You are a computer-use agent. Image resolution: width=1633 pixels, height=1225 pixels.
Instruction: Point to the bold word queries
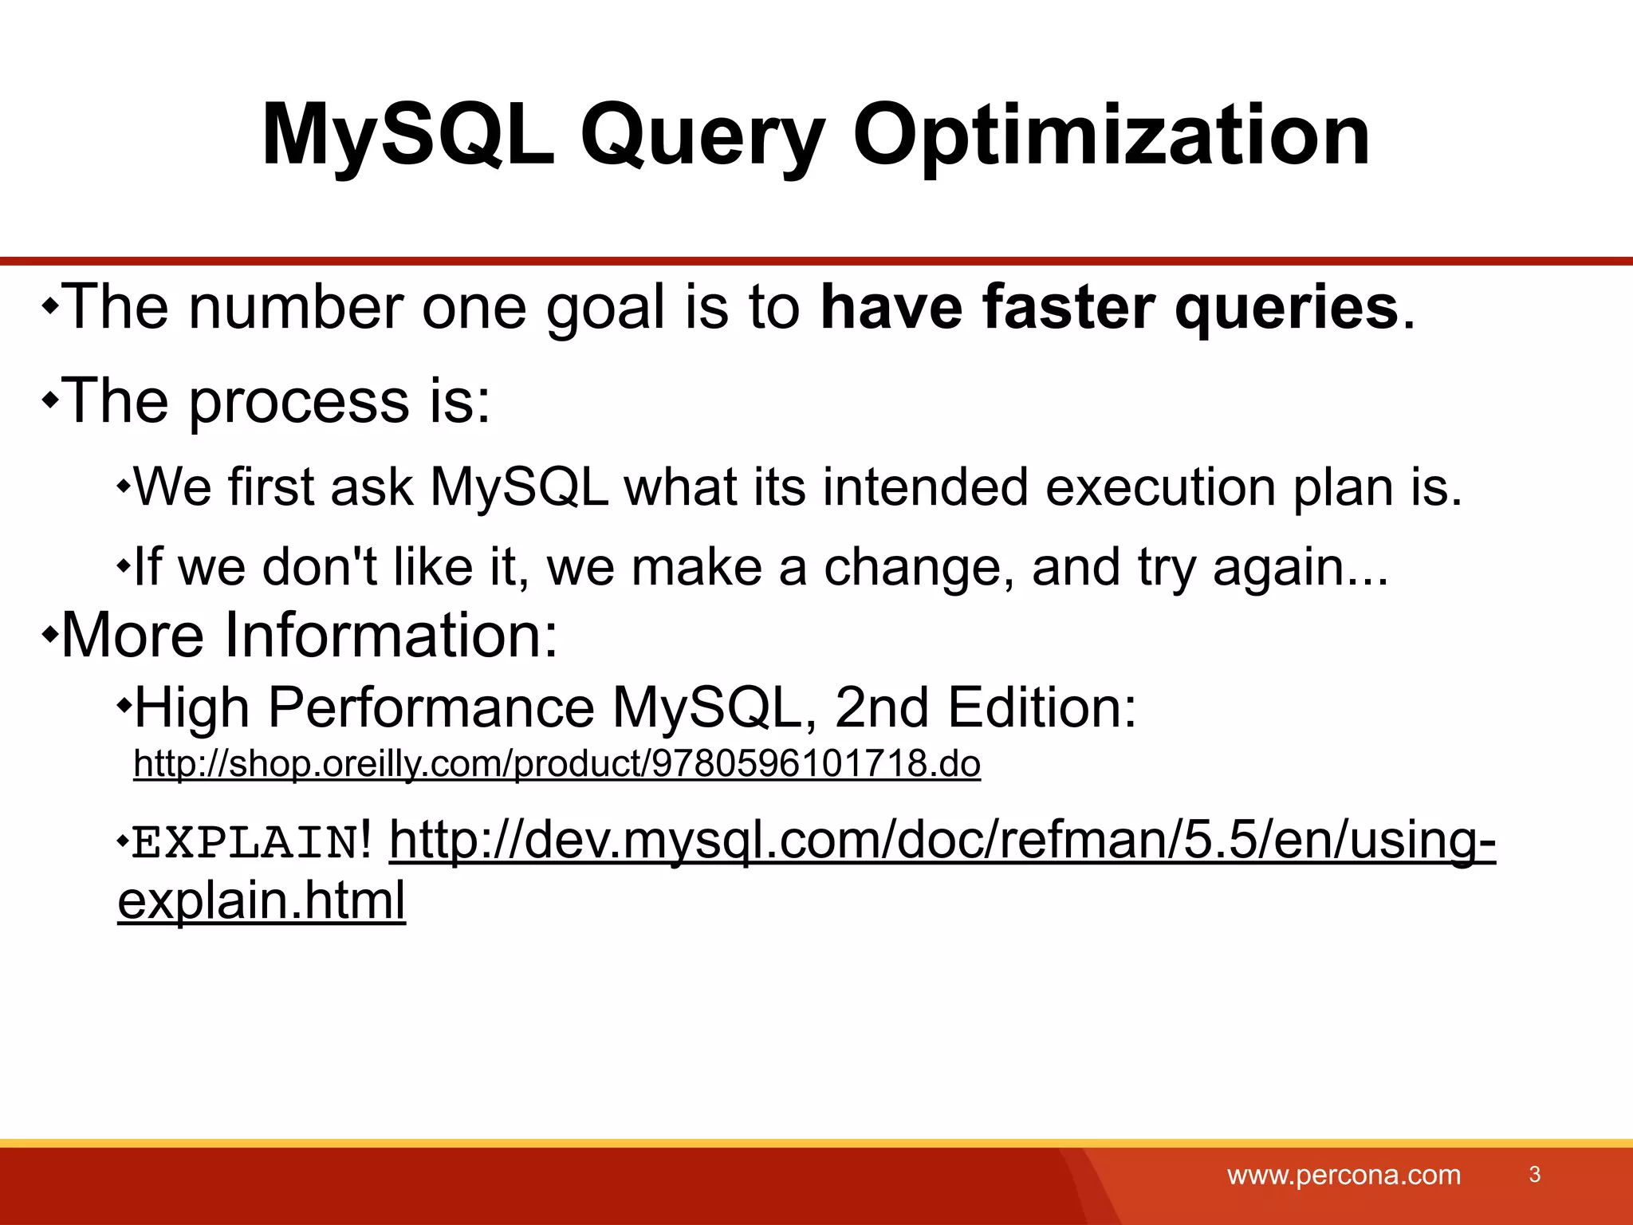[x=1287, y=309]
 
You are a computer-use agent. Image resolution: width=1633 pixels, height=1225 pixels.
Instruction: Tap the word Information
[x=391, y=635]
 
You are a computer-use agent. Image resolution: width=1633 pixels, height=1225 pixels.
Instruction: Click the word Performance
[x=431, y=708]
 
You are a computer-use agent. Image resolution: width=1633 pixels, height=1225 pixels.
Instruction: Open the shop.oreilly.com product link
[x=557, y=764]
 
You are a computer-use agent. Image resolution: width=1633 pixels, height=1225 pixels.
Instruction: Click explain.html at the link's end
[x=262, y=901]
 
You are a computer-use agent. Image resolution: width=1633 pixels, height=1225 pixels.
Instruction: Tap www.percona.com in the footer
[x=1344, y=1175]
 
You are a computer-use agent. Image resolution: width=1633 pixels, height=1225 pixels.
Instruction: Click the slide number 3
[x=1534, y=1174]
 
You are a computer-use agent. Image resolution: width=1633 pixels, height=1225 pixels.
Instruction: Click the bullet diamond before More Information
[x=49, y=636]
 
